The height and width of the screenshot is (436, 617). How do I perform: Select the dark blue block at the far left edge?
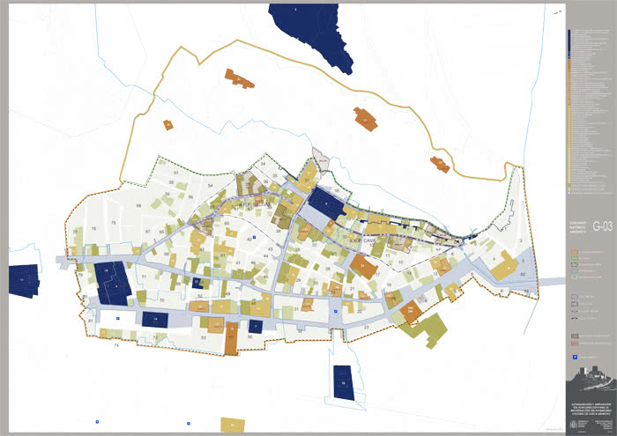pos(23,279)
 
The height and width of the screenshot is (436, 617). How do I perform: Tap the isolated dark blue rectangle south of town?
pos(343,382)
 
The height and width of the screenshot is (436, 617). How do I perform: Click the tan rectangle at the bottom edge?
pos(231,425)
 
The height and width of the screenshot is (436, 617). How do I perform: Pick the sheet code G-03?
pos(602,225)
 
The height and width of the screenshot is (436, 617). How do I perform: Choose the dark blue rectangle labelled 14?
pos(155,319)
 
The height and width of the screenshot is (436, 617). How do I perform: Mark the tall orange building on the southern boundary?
pos(231,338)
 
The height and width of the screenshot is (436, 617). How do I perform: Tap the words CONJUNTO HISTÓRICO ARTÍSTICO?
pos(577,227)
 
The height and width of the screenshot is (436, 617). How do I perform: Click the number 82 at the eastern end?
pos(523,275)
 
